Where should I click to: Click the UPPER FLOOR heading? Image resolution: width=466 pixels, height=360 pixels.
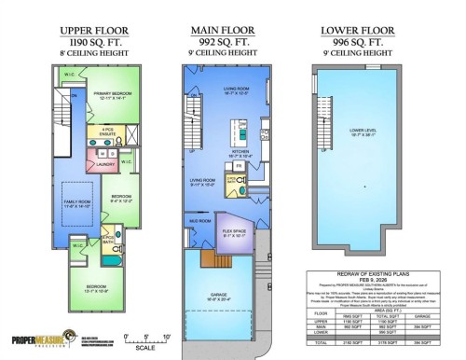pyautogui.click(x=93, y=30)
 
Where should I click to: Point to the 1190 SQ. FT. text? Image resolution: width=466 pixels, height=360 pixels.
pyautogui.click(x=93, y=42)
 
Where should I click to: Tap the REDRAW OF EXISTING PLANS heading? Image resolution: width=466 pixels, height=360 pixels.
pyautogui.click(x=373, y=281)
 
